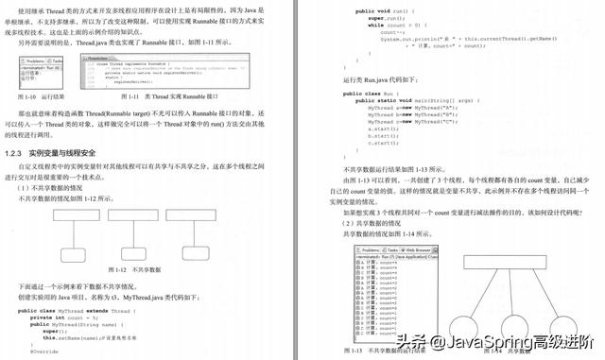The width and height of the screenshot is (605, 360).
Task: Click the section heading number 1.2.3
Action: pos(14,152)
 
